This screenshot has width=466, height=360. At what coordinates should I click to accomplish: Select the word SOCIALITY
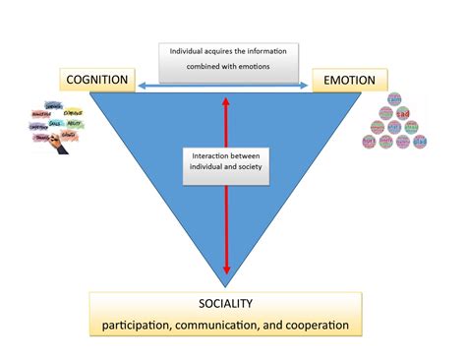click(x=233, y=304)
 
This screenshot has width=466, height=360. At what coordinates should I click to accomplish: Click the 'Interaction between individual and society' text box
click(x=227, y=162)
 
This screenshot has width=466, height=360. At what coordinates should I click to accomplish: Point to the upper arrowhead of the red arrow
click(x=227, y=98)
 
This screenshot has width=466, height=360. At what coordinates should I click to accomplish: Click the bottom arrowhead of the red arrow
click(x=227, y=270)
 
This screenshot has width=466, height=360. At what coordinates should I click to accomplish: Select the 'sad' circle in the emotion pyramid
click(x=402, y=114)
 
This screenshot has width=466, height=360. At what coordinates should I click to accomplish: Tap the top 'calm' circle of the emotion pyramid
click(x=394, y=99)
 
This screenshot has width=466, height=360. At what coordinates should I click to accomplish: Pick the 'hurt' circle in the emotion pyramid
click(x=370, y=142)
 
